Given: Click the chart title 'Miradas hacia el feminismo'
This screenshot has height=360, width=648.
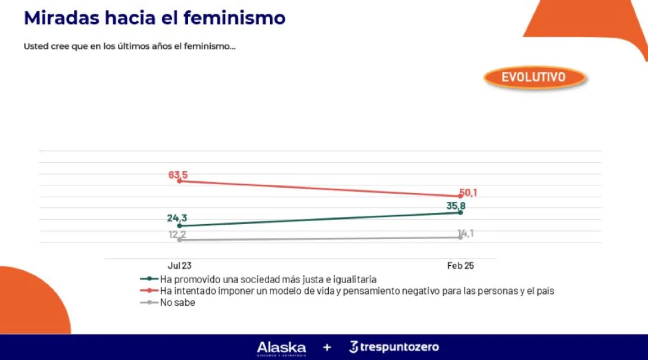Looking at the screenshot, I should point(154,18).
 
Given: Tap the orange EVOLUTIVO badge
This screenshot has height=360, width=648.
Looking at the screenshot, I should point(533,77).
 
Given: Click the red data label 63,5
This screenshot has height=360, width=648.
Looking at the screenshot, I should point(179,175).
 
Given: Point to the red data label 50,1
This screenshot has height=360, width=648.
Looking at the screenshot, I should point(468,193).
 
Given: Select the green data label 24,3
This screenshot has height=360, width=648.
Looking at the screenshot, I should point(177,218).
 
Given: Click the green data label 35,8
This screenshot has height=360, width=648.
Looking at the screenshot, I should point(456,206).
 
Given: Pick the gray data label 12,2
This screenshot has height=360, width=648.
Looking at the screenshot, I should point(177,234).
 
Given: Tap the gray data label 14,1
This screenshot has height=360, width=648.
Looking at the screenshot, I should point(465,233).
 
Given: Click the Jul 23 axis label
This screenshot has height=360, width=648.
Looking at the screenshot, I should point(179,266).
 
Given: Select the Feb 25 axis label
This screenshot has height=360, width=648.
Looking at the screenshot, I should point(460,266).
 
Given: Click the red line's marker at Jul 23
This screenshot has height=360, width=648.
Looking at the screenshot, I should point(179,181).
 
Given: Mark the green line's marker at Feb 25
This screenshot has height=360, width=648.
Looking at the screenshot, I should point(460,212).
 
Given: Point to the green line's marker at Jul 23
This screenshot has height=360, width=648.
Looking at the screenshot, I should point(179,226).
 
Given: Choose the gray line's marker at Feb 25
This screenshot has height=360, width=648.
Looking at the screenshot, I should point(460,237).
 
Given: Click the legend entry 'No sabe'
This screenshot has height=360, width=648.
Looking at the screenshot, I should point(177,302).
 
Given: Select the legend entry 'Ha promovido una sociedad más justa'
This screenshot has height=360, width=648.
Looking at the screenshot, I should point(268,278).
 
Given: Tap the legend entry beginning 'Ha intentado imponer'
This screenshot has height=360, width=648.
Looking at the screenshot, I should point(357,290).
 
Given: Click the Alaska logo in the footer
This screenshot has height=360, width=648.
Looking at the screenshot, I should point(281,347).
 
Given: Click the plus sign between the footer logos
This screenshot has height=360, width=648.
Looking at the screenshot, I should point(327,347).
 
